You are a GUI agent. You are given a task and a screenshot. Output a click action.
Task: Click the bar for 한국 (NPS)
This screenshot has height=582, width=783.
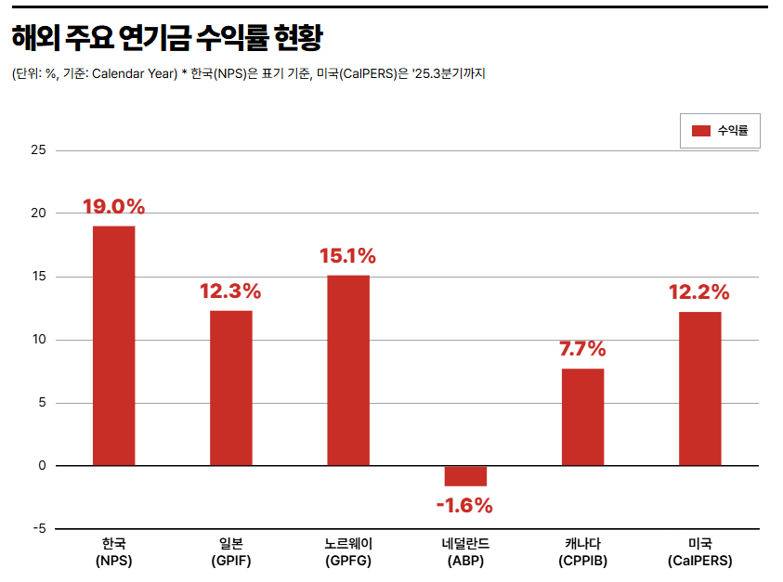(x=113, y=345)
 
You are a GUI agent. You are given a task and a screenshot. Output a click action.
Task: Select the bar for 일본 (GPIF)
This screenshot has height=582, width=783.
(x=230, y=387)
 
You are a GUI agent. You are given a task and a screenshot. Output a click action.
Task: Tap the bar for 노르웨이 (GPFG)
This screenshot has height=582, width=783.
(x=348, y=369)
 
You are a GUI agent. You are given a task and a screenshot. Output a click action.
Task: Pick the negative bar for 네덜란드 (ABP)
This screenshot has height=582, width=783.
(x=465, y=475)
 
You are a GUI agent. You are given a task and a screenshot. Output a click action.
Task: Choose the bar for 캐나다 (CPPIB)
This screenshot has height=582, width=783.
(x=582, y=417)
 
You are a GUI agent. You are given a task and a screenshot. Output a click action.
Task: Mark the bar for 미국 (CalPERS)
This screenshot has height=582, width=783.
(x=699, y=388)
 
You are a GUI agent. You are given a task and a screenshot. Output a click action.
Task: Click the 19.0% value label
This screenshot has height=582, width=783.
(x=113, y=207)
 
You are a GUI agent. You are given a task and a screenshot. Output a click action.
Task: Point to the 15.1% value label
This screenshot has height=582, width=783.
(x=348, y=256)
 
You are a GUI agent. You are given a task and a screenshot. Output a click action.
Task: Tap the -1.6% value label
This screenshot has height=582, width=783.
(x=464, y=506)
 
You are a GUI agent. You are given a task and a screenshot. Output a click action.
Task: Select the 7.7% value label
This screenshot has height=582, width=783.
(x=582, y=350)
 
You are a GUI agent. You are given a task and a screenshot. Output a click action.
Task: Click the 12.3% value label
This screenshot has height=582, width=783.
(x=230, y=291)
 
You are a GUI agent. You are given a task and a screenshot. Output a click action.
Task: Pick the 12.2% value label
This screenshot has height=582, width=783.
(x=699, y=292)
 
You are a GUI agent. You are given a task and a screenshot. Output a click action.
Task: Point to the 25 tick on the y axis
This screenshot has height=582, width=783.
(x=39, y=150)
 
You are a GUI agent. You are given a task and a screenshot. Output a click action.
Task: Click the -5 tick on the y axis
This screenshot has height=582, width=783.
(x=39, y=529)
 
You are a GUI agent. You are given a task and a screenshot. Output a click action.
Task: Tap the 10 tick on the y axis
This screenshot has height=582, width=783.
(x=39, y=340)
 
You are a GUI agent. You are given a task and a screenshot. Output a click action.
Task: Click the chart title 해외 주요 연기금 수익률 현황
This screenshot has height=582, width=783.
(x=167, y=38)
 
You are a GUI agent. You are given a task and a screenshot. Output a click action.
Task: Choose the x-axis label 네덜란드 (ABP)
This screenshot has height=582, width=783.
(x=465, y=552)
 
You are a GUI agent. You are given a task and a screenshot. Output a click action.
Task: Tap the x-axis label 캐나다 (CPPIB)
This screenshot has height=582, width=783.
(x=582, y=552)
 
